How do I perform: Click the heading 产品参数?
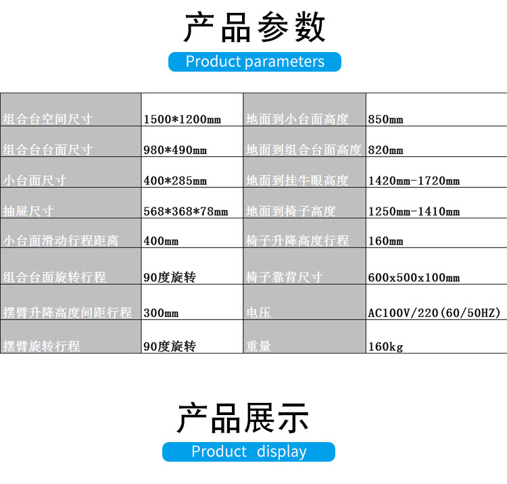pyautogui.click(x=254, y=28)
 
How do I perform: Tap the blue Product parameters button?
pyautogui.click(x=255, y=62)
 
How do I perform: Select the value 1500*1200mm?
pyautogui.click(x=183, y=120)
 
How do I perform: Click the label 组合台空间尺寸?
pyautogui.click(x=47, y=120)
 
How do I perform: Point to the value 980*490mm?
pyautogui.click(x=175, y=150)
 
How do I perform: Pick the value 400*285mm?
pyautogui.click(x=175, y=180)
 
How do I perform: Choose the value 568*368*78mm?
pyautogui.click(x=186, y=211)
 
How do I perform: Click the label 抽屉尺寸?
pyautogui.click(x=28, y=211)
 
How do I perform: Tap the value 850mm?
pyautogui.click(x=385, y=120)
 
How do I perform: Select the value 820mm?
pyautogui.click(x=385, y=150)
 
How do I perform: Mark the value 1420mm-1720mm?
pyautogui.click(x=414, y=180)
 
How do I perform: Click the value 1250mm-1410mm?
pyautogui.click(x=414, y=211)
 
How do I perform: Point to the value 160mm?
pyautogui.click(x=385, y=241)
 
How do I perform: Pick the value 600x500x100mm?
pyautogui.click(x=414, y=277)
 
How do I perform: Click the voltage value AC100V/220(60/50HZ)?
pyautogui.click(x=433, y=313)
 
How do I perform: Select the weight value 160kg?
pyautogui.click(x=385, y=346)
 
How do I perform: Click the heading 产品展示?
pyautogui.click(x=243, y=418)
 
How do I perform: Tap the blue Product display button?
pyautogui.click(x=249, y=452)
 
